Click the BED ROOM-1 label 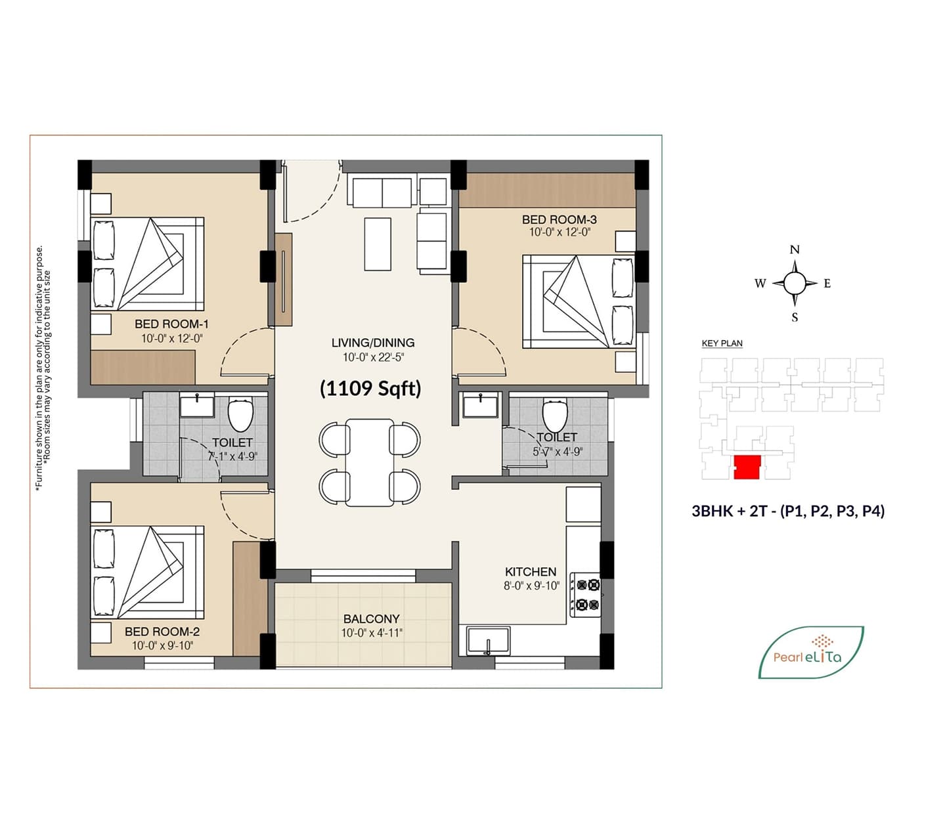point(171,324)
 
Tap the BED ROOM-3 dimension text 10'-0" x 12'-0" point(560,232)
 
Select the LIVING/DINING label point(373,343)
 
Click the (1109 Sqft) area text point(370,389)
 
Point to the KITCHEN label point(530,571)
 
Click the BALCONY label point(371,618)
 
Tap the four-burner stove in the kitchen point(585,595)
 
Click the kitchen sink point(488,641)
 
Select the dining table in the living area point(370,462)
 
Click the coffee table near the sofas point(378,244)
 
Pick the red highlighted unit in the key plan point(747,467)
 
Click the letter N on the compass point(795,249)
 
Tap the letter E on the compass point(827,284)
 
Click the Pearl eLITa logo point(811,652)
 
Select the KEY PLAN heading point(722,343)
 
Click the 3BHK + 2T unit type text point(788,511)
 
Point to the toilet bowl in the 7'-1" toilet point(241,415)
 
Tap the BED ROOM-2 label point(162,632)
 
